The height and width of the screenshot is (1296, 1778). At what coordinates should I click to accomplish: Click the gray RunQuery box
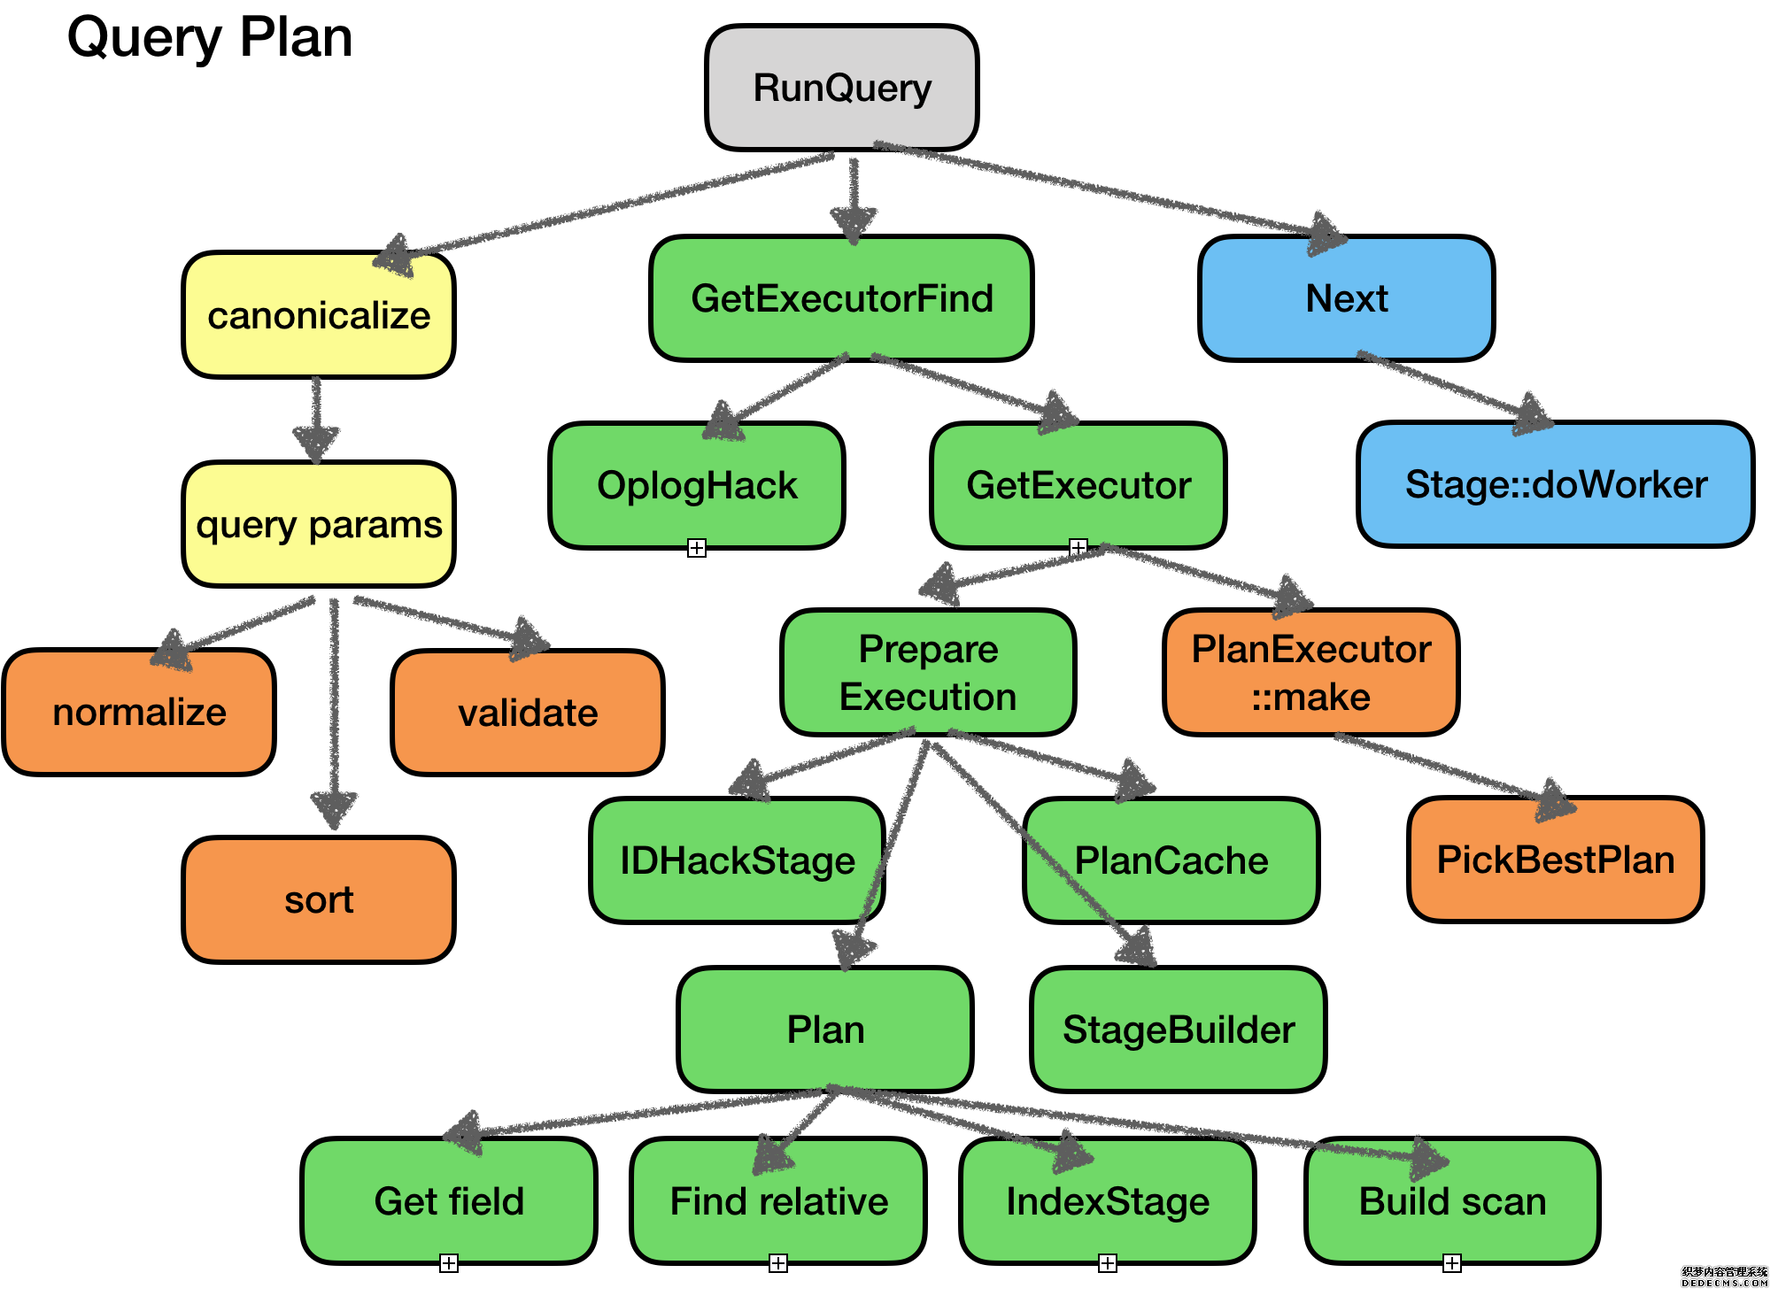(x=841, y=88)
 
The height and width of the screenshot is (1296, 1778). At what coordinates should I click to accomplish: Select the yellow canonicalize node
(x=319, y=316)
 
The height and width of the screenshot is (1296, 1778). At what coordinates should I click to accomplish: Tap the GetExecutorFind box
(x=841, y=298)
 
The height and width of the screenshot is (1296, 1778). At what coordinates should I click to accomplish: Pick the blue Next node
(x=1346, y=298)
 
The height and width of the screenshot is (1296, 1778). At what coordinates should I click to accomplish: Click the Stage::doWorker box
(x=1556, y=484)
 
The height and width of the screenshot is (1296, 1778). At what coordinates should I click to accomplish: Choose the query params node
(x=319, y=524)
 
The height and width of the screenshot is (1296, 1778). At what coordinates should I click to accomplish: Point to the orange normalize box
(x=139, y=712)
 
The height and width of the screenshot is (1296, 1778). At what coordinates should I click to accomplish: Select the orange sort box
(x=319, y=899)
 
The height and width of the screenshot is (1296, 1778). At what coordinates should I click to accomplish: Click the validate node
(x=528, y=712)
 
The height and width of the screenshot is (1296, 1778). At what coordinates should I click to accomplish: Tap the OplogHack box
(x=697, y=485)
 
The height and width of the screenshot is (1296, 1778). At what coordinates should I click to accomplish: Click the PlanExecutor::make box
(x=1310, y=672)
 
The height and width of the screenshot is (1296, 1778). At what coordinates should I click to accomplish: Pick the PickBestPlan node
(x=1555, y=860)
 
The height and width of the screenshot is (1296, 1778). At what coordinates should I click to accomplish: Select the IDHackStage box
(x=737, y=860)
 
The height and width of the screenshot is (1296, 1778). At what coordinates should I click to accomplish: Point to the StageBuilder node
(x=1178, y=1030)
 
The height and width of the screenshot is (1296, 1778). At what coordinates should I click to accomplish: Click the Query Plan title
(x=210, y=38)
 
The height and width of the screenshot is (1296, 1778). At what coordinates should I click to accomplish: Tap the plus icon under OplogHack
(x=697, y=548)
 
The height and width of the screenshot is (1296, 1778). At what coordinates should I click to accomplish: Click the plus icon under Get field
(x=449, y=1263)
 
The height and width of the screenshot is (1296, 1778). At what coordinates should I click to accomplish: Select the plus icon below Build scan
(x=1452, y=1263)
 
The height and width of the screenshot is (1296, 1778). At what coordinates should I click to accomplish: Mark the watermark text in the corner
(x=1724, y=1276)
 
